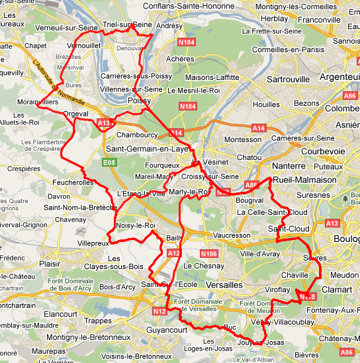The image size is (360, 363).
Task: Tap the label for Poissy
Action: (139, 101)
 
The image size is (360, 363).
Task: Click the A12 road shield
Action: (173, 253)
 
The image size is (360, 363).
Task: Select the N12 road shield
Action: (159, 311)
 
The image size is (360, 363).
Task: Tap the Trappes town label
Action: (98, 321)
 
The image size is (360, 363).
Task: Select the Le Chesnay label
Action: (201, 265)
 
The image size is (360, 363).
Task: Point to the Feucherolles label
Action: (71, 182)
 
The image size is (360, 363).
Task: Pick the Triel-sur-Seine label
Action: (128, 24)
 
